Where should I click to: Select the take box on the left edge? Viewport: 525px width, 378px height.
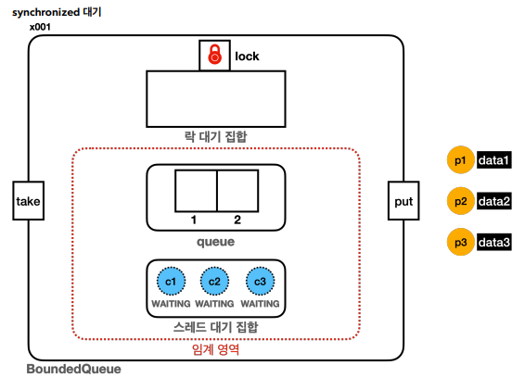pos(29,201)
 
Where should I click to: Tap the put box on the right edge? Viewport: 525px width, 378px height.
pos(403,201)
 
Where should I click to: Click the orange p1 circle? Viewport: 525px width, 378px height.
pos(461,160)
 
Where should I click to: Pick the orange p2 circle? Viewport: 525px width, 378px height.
pos(461,201)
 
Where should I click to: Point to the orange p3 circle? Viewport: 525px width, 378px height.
pos(461,242)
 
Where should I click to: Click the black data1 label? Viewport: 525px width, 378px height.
pos(494,160)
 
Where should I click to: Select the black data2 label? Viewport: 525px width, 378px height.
pos(494,201)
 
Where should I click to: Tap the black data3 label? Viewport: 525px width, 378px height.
pos(494,242)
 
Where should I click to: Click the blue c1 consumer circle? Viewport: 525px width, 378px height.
pos(171,282)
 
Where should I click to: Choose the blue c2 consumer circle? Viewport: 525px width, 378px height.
pos(214,282)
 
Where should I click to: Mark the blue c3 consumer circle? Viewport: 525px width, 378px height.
pos(260,282)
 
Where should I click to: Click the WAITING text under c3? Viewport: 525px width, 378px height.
pos(260,303)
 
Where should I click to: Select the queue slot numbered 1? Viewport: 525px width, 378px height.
pos(196,191)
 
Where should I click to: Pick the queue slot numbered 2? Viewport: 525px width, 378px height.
pos(237,191)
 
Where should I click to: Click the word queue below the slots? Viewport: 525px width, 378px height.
pos(215,242)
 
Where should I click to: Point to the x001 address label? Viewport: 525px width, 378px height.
pos(40,27)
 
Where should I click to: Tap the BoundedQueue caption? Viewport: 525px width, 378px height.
pos(73,369)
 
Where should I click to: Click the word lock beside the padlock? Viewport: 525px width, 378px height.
pos(247,57)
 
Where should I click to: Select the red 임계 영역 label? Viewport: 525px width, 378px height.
pos(215,349)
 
